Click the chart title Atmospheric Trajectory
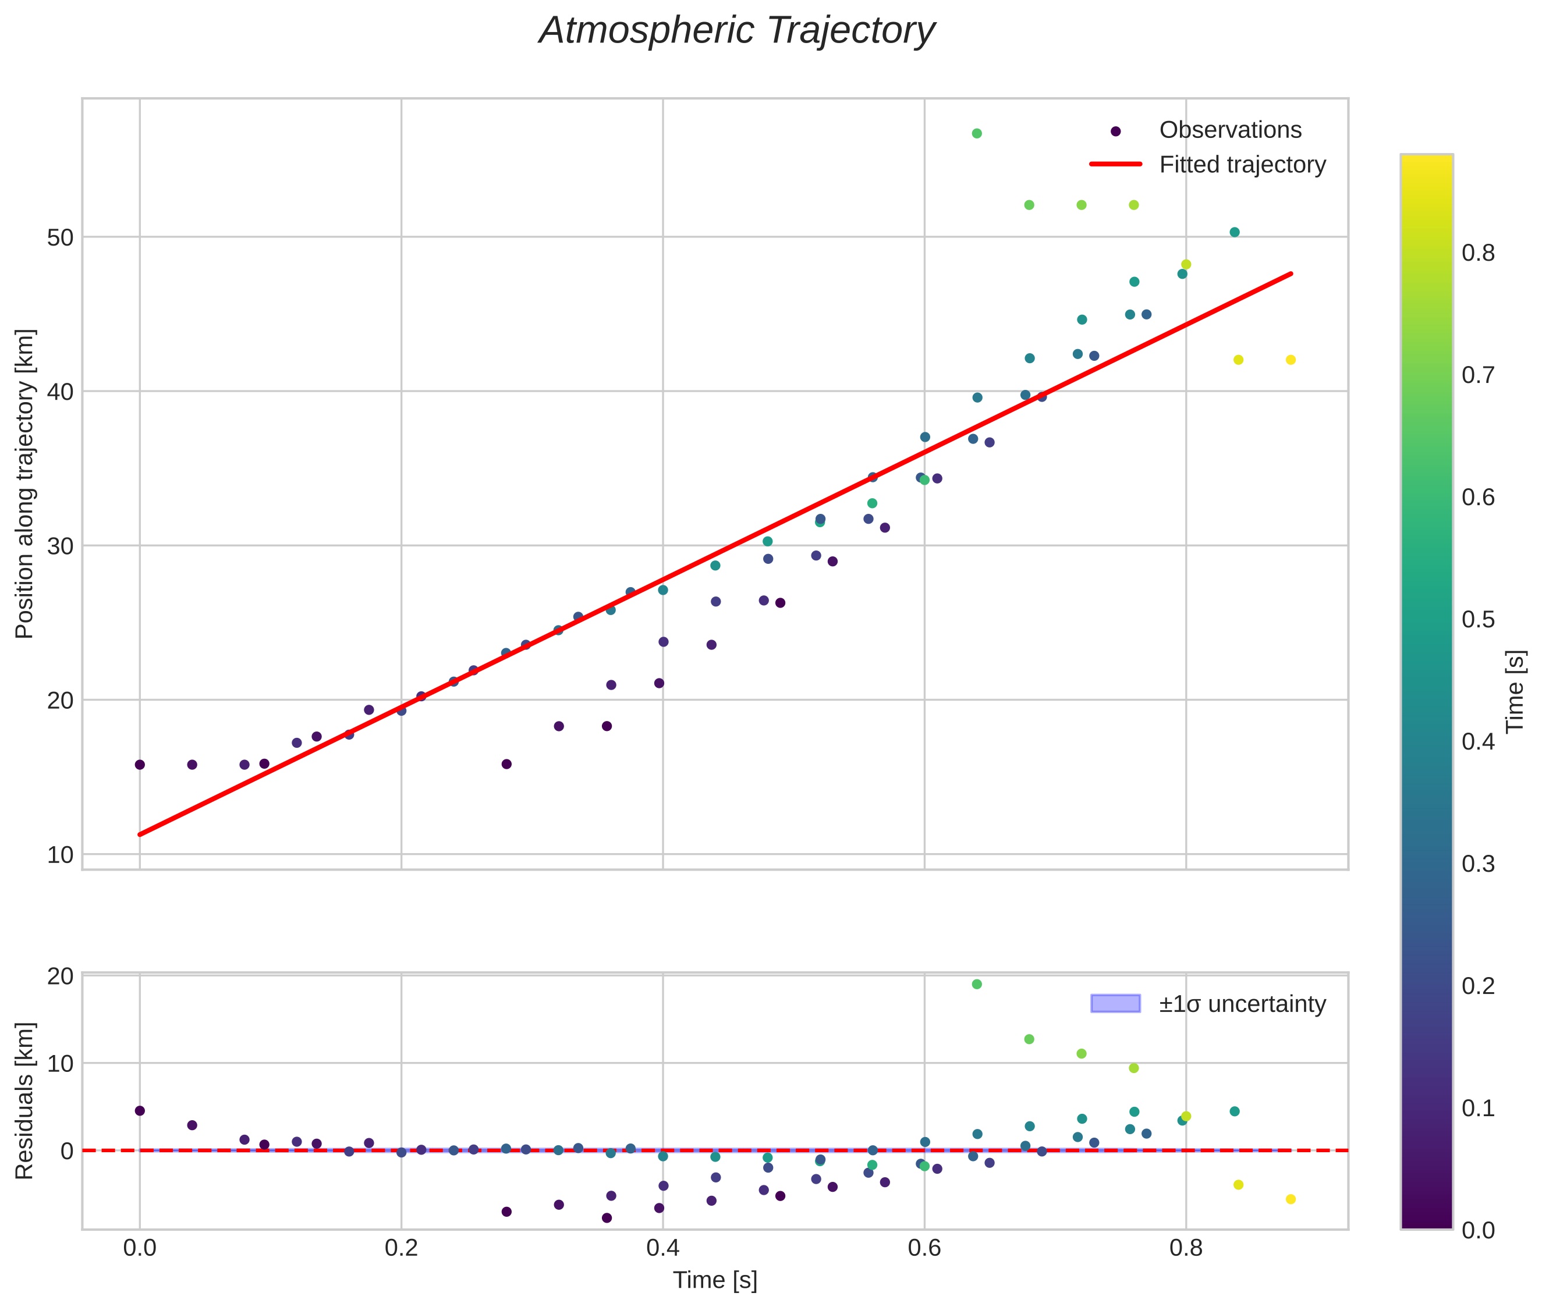pyautogui.click(x=736, y=31)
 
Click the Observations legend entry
pyautogui.click(x=1229, y=130)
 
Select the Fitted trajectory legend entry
pyautogui.click(x=1242, y=165)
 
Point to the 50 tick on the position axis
pyautogui.click(x=60, y=238)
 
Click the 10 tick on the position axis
pyautogui.click(x=60, y=855)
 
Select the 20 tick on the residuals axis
pyautogui.click(x=60, y=976)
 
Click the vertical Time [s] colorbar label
pyautogui.click(x=1515, y=691)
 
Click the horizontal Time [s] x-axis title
pyautogui.click(x=714, y=1280)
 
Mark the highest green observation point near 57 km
pyautogui.click(x=977, y=133)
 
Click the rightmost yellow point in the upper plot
pyautogui.click(x=1290, y=360)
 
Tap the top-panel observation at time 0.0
pyautogui.click(x=139, y=765)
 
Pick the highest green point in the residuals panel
pyautogui.click(x=977, y=984)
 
